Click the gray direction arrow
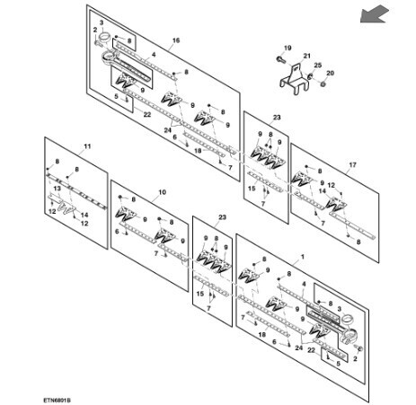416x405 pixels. [x=374, y=14]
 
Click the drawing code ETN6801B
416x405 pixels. [x=57, y=400]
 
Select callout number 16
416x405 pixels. [x=176, y=40]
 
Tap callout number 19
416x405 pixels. [x=288, y=48]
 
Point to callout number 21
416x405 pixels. [x=307, y=56]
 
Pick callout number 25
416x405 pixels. [x=317, y=65]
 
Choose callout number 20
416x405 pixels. [x=330, y=73]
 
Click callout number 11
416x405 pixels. [x=87, y=146]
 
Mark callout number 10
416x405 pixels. [x=162, y=192]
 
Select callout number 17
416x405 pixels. [x=353, y=164]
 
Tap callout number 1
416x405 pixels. [x=303, y=257]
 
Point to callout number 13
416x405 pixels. [x=57, y=189]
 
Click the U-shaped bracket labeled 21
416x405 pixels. [x=295, y=80]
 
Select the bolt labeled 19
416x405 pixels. [x=279, y=59]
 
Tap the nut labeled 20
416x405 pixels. [x=323, y=84]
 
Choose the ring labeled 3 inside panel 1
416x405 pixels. [x=348, y=318]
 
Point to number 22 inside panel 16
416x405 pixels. [x=147, y=114]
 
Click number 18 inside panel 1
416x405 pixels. [x=262, y=334]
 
